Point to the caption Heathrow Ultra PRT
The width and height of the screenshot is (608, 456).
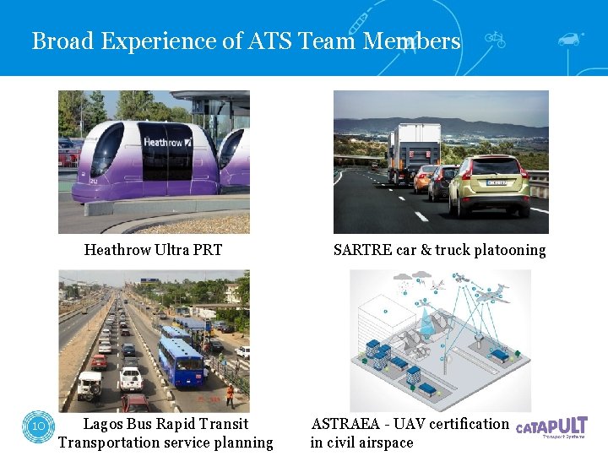click(x=153, y=250)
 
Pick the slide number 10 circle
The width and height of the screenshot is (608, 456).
click(x=39, y=426)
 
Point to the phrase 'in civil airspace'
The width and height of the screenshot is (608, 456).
click(x=361, y=442)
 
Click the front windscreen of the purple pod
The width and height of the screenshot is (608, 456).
click(x=106, y=150)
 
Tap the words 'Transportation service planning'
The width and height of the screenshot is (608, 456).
click(x=166, y=442)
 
